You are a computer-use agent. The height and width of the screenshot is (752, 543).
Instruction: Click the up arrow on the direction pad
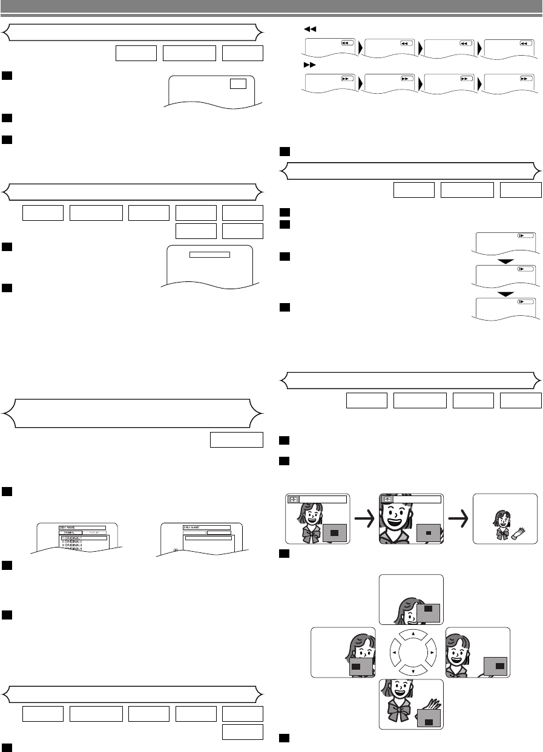pos(411,633)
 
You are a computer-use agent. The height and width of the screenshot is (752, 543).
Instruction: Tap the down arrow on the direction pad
pos(411,672)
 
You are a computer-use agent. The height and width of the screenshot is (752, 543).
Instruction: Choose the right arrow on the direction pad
pos(431,653)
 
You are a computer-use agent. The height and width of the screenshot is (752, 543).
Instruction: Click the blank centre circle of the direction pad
pos(411,653)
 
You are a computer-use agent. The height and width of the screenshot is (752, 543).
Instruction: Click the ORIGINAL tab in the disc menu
pos(70,532)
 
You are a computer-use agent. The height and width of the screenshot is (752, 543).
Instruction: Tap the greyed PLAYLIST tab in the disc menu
pos(94,532)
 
